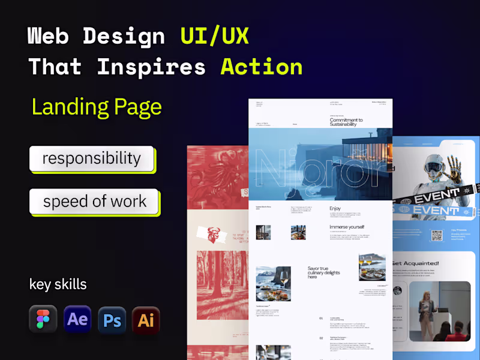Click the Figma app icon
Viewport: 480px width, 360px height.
tap(43, 319)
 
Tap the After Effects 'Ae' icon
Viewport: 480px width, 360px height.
tap(77, 319)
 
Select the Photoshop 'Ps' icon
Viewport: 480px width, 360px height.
tap(112, 319)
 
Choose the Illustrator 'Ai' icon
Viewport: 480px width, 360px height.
tap(146, 319)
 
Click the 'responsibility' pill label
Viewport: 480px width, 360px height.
tap(91, 158)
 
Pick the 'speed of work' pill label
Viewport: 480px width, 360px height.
tap(94, 201)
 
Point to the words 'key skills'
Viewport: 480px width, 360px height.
tap(58, 284)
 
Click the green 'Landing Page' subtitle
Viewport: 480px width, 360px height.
tap(97, 107)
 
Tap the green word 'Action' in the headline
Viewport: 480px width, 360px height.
tap(262, 66)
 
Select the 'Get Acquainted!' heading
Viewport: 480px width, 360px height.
tap(416, 263)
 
